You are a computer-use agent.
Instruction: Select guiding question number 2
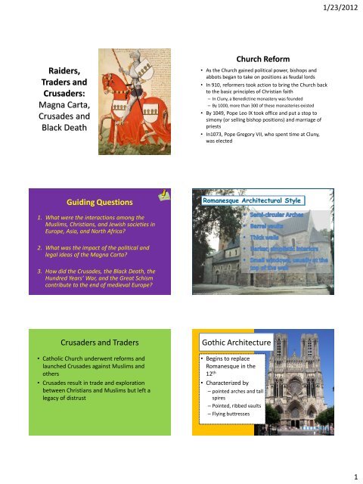pos(90,252)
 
